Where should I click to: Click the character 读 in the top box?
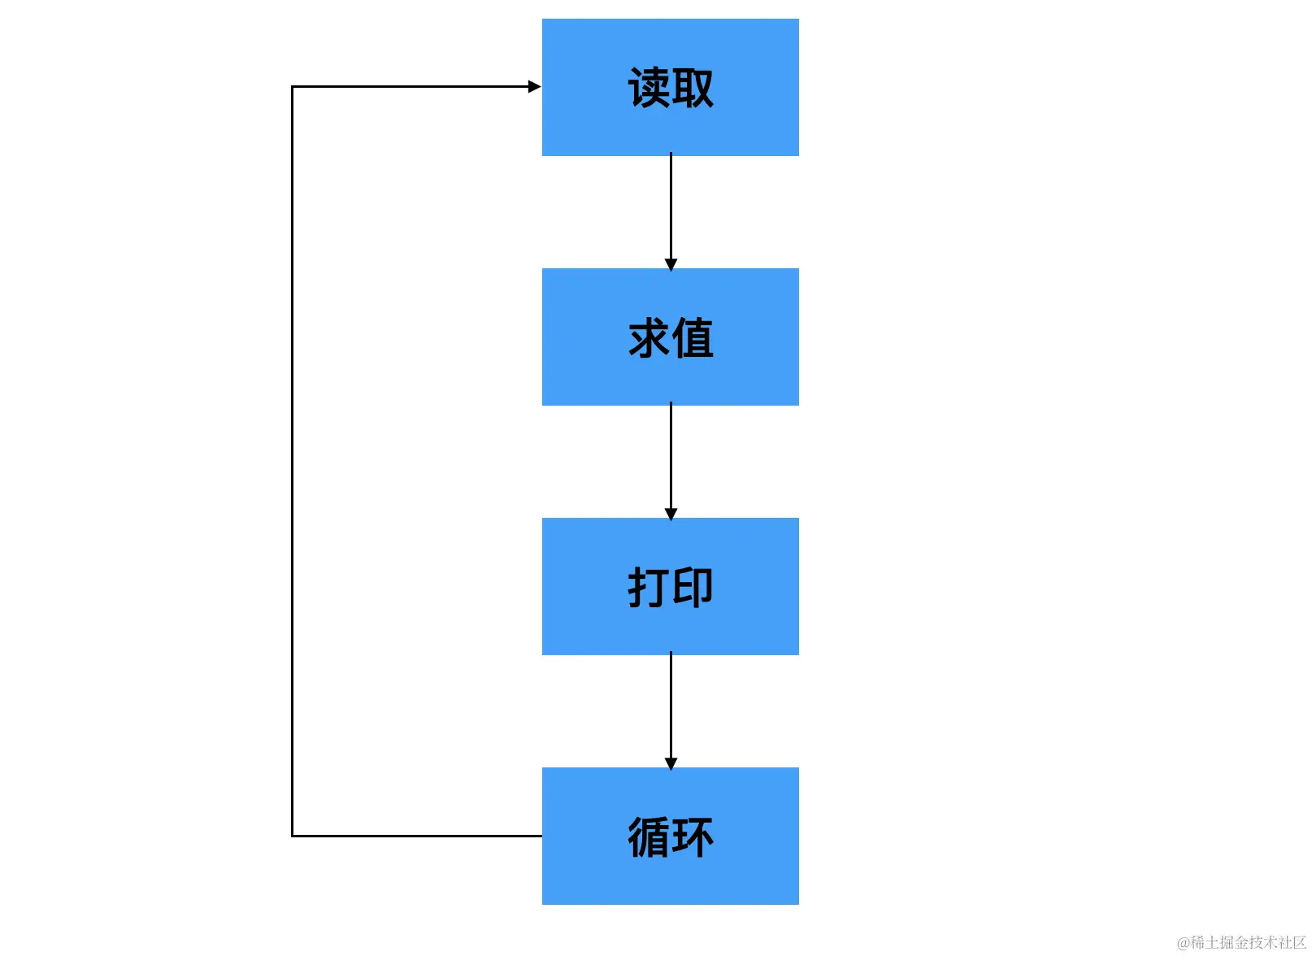pos(649,88)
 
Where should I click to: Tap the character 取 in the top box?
pos(693,88)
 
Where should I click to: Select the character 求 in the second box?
pos(649,338)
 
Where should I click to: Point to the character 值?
pos(693,338)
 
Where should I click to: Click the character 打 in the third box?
pos(649,587)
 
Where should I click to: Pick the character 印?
pos(693,587)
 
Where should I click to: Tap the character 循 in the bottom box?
pos(649,837)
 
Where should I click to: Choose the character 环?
pos(693,837)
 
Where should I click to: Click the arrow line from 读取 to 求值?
pos(671,207)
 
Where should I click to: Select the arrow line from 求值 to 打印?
pos(671,457)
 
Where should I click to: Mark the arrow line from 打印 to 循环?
pos(671,706)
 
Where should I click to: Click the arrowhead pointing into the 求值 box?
pos(671,264)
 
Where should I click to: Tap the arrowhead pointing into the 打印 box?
pos(671,514)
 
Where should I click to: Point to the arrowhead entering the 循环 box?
pos(671,763)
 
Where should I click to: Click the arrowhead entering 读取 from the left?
pos(534,86)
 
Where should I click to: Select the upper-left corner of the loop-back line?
pos(293,86)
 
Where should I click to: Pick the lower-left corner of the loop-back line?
pos(293,836)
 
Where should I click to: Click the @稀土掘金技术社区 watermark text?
pos(1241,942)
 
